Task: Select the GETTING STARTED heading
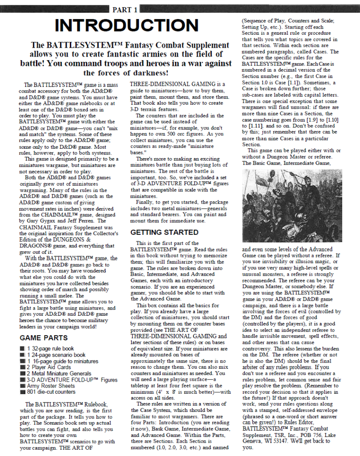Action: coord(164,232)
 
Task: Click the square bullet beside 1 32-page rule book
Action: coord(22,349)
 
